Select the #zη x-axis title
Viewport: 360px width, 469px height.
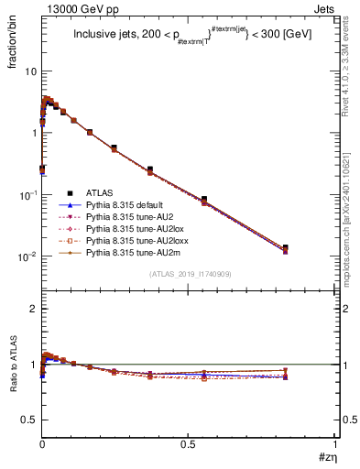(x=327, y=457)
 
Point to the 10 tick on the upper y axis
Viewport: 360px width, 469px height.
(x=29, y=71)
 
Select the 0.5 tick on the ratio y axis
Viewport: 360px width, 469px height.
(x=27, y=420)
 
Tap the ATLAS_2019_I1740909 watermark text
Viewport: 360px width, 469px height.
(x=189, y=273)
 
